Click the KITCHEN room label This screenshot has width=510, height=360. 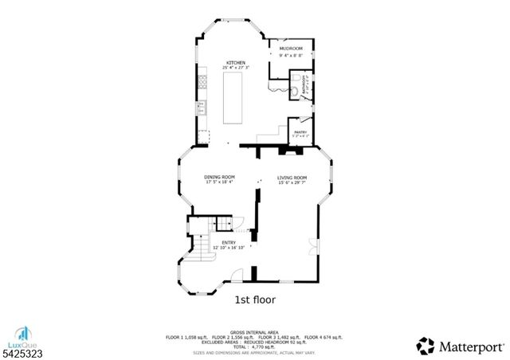235,63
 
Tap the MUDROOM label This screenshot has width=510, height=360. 289,48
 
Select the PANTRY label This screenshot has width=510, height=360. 300,132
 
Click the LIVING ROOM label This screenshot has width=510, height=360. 292,178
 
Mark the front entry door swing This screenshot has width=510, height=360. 236,276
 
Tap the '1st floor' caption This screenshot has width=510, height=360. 254,300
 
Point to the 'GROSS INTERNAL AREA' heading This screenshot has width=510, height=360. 253,331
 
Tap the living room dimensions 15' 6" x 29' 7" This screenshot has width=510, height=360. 292,183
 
